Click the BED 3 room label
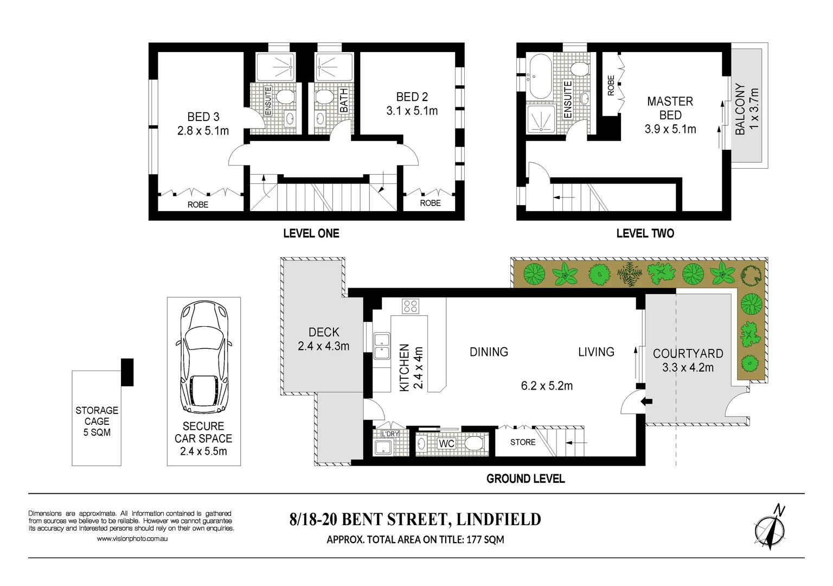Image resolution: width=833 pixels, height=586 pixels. pyautogui.click(x=203, y=117)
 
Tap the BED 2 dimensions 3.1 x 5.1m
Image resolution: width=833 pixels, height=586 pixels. pyautogui.click(x=412, y=111)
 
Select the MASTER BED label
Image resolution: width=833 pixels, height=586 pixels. pyautogui.click(x=670, y=108)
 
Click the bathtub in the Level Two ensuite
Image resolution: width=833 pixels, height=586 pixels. pyautogui.click(x=540, y=75)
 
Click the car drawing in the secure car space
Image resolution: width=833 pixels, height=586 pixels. pyautogui.click(x=203, y=358)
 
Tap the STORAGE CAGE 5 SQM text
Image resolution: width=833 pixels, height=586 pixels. pyautogui.click(x=97, y=421)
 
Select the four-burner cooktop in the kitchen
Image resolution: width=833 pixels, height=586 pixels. pyautogui.click(x=410, y=306)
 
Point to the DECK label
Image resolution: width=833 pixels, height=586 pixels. pyautogui.click(x=324, y=332)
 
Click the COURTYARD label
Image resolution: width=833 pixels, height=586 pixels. pyautogui.click(x=688, y=354)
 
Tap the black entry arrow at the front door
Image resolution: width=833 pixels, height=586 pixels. pyautogui.click(x=646, y=402)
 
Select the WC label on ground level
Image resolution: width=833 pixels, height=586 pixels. pyautogui.click(x=446, y=444)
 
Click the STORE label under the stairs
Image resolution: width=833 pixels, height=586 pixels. pyautogui.click(x=523, y=442)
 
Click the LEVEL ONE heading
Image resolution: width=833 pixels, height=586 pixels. pyautogui.click(x=311, y=233)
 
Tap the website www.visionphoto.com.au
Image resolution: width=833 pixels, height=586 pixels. pyautogui.click(x=132, y=539)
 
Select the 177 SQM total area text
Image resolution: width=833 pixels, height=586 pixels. pyautogui.click(x=485, y=539)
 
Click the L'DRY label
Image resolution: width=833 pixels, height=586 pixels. pyautogui.click(x=390, y=434)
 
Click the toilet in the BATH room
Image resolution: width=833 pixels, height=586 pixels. pyautogui.click(x=324, y=98)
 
